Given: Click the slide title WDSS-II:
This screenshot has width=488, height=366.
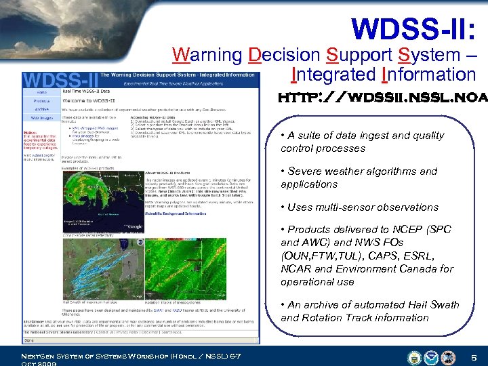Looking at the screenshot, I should [x=414, y=28].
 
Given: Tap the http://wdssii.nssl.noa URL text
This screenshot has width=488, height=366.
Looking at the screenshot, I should [x=382, y=98].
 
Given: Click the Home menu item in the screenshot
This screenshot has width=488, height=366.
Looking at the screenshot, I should [x=41, y=93].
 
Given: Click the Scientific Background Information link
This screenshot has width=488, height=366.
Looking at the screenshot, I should [x=176, y=213].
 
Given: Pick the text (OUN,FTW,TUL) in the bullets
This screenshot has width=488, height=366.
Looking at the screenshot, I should [x=316, y=256].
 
